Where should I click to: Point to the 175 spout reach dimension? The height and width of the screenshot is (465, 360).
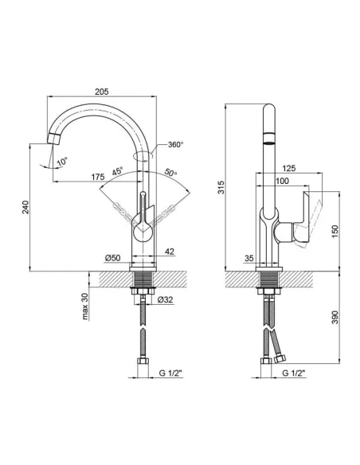[97, 177]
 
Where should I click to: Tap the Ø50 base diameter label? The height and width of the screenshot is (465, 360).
[112, 258]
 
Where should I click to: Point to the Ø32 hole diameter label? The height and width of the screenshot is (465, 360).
[164, 300]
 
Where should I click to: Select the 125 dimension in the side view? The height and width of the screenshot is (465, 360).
[289, 169]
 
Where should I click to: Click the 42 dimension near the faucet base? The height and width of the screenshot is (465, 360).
[170, 252]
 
